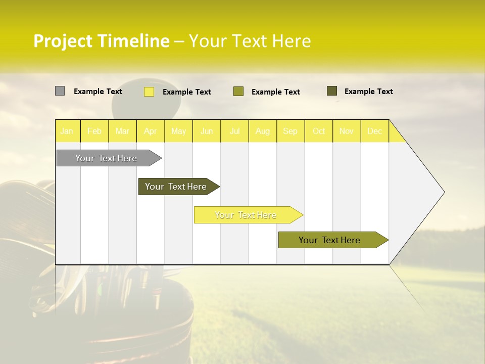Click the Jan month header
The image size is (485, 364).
click(x=67, y=131)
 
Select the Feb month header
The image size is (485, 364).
click(x=94, y=131)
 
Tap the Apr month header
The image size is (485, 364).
click(x=150, y=131)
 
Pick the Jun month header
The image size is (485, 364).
click(x=207, y=131)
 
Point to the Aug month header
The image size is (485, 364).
click(x=262, y=131)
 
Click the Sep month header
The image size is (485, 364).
click(x=290, y=131)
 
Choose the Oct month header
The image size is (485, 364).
click(x=319, y=131)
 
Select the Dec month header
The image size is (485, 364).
click(x=374, y=131)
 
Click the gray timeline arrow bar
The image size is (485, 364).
click(x=107, y=158)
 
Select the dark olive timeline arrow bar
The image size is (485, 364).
click(x=176, y=187)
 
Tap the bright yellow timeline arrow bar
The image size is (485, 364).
click(x=246, y=215)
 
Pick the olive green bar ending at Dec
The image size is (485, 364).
click(x=330, y=240)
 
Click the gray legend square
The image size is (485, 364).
click(x=60, y=91)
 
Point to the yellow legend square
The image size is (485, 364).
click(x=149, y=92)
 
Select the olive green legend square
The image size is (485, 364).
click(x=238, y=92)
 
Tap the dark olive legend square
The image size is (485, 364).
click(x=332, y=91)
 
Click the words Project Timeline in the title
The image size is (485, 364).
click(x=102, y=41)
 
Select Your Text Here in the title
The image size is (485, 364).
click(x=250, y=41)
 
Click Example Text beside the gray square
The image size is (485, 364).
click(x=98, y=92)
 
